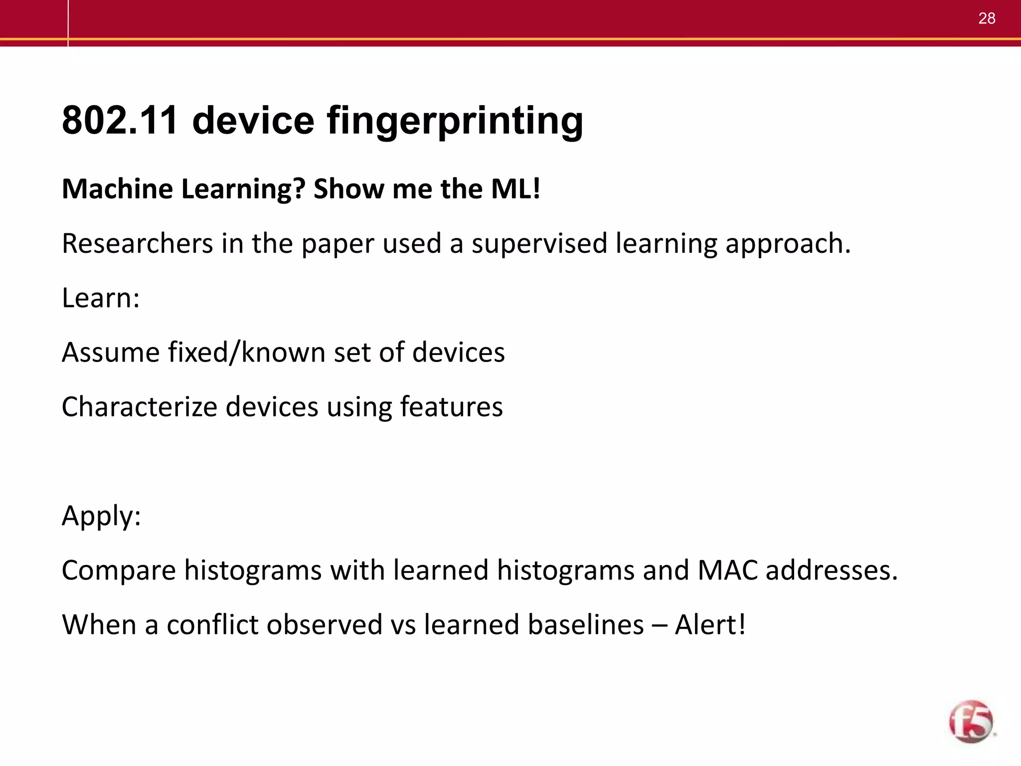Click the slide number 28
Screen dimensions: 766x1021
(x=987, y=18)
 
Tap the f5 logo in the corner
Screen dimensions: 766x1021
(x=971, y=721)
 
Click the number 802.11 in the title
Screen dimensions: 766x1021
(x=120, y=120)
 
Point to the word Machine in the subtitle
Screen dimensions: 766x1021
(x=117, y=189)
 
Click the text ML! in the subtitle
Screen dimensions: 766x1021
(x=515, y=189)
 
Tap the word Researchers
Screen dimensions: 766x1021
(x=137, y=243)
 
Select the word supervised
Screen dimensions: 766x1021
(x=539, y=244)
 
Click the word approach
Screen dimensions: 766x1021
(x=788, y=244)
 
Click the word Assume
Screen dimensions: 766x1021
(x=111, y=352)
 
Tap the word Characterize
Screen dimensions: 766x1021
(x=139, y=406)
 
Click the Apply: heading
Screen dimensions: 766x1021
(x=101, y=516)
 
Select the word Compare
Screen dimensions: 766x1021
(x=119, y=571)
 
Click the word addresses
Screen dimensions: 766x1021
(x=832, y=570)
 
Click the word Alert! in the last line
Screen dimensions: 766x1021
(x=710, y=624)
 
